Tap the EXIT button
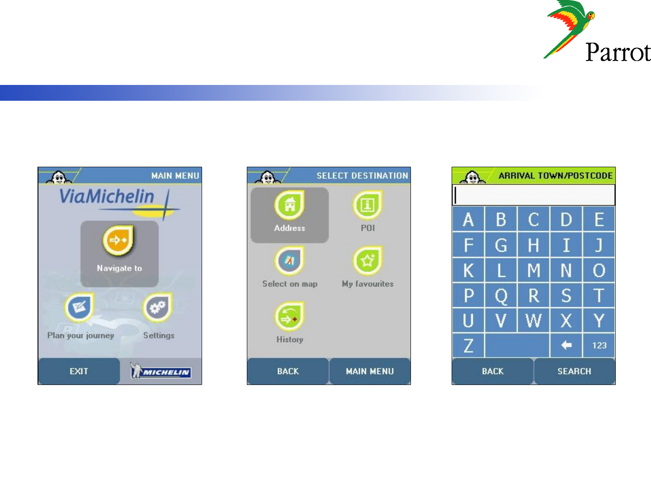79,371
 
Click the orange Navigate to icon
118,240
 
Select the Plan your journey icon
79,307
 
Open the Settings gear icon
157,307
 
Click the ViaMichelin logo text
107,197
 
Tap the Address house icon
289,205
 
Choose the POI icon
368,205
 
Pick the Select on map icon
289,261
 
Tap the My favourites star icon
368,261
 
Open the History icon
289,316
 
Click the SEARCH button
575,371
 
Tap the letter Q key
501,295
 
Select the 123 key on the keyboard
599,345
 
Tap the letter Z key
468,345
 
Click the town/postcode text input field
533,195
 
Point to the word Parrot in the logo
618,52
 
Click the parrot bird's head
590,15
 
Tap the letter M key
533,270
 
